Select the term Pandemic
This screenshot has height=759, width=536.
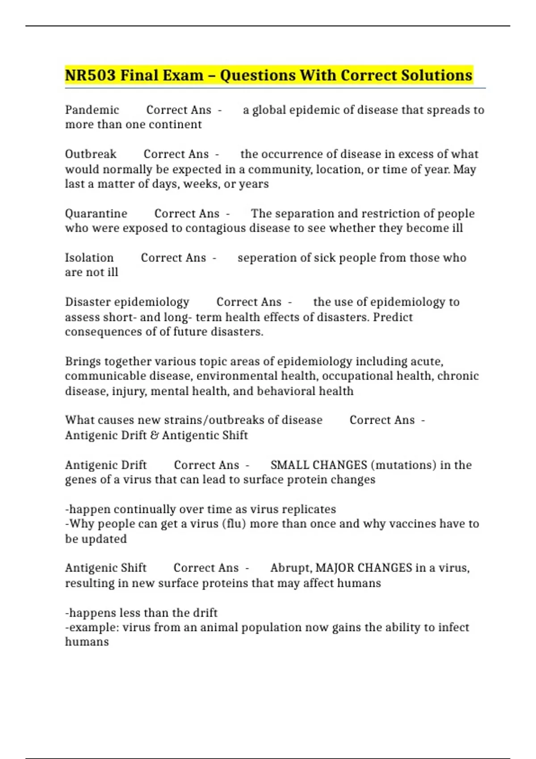coord(92,110)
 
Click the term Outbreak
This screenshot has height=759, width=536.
coord(91,154)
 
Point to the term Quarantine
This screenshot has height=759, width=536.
coord(96,213)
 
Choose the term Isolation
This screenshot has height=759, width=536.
coord(89,258)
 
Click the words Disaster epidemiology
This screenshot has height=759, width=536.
coord(127,302)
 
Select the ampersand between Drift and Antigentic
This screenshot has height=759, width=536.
coord(155,435)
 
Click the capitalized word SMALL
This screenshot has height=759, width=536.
coord(289,465)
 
